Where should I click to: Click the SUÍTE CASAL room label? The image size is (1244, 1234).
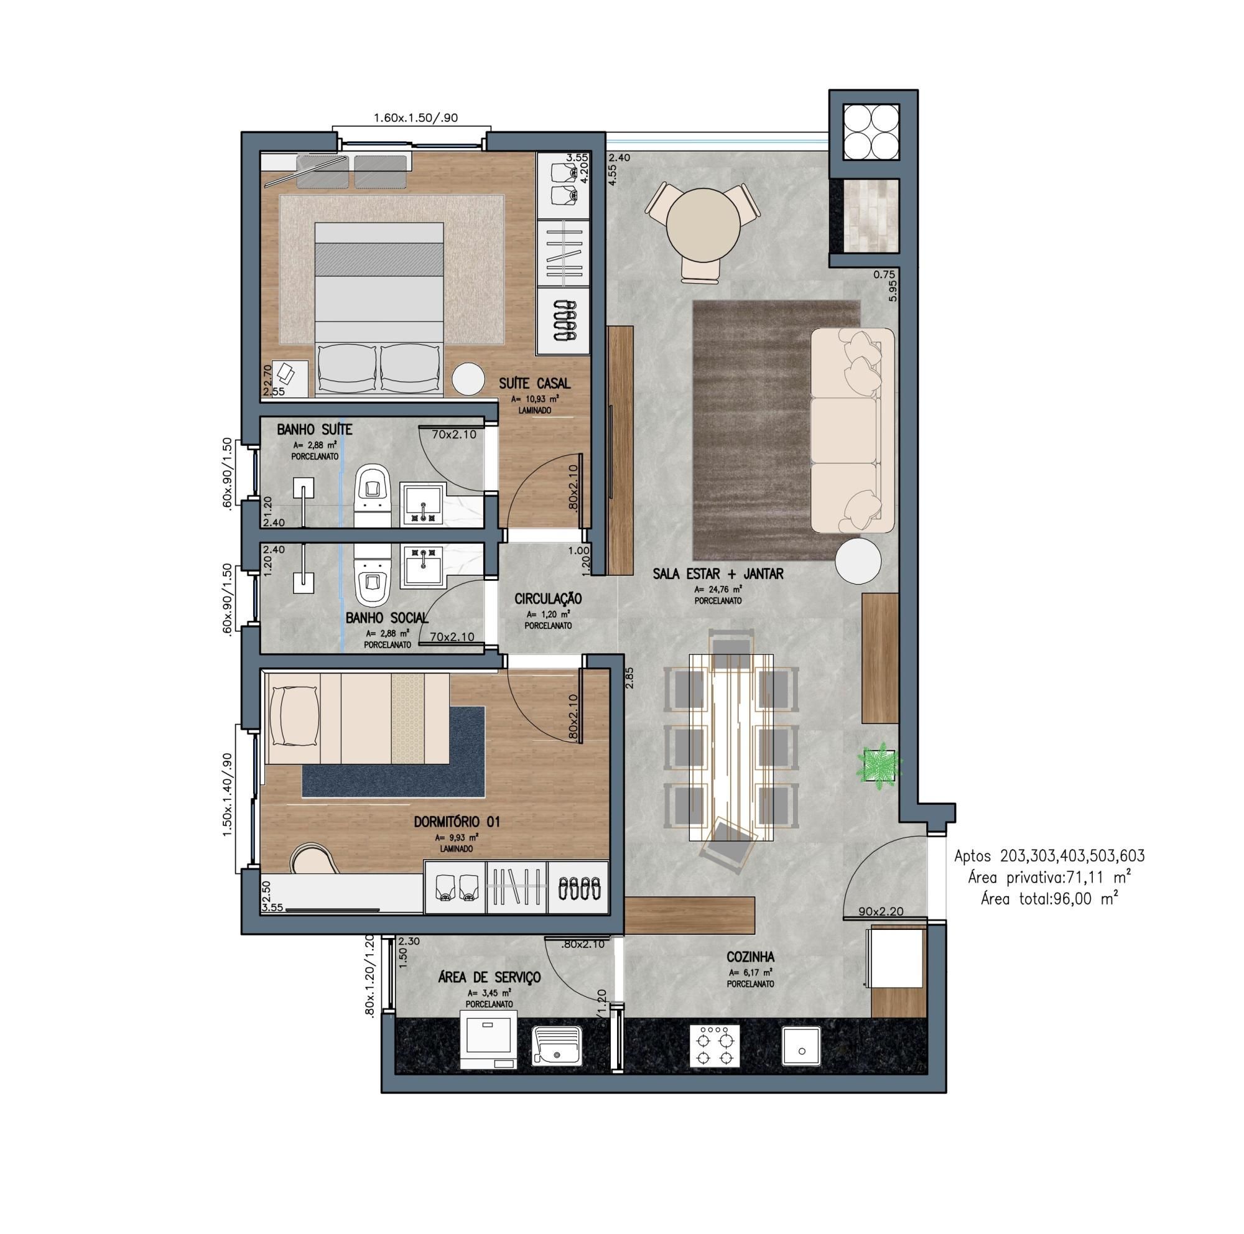click(534, 383)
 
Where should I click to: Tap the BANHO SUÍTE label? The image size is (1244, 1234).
click(314, 429)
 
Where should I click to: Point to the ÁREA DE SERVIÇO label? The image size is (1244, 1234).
click(490, 977)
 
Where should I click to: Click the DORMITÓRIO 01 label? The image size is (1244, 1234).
click(457, 822)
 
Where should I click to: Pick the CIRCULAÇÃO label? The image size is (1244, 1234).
click(548, 599)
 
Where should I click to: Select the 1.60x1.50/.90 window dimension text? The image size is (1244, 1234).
click(415, 118)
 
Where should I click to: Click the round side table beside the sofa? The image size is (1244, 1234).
click(858, 560)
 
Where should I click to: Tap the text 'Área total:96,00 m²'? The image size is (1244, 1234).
click(1049, 899)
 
